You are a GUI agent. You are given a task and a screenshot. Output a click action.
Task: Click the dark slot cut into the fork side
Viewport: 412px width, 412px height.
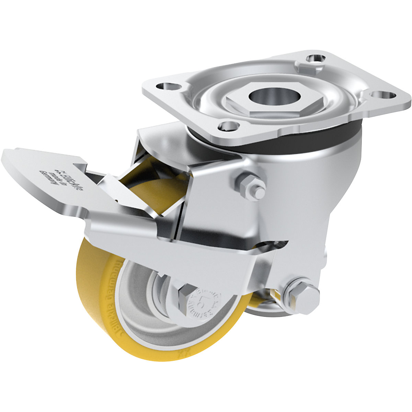tap(271, 245)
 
